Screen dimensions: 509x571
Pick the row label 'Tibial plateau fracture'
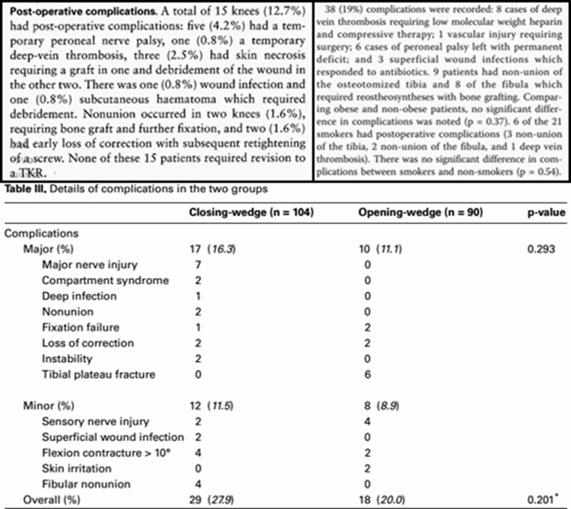[x=89, y=374]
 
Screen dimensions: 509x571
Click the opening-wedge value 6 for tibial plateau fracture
[x=365, y=374]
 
